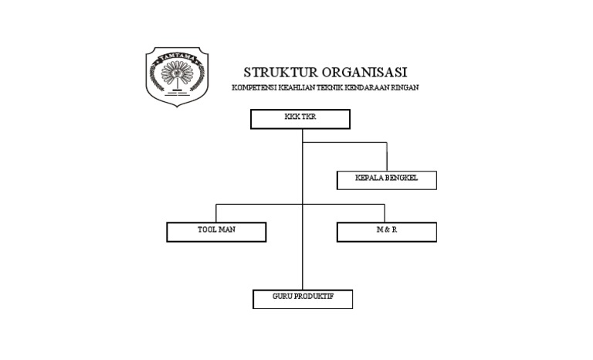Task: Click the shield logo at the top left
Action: pyautogui.click(x=178, y=76)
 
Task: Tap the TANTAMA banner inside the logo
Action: pyautogui.click(x=178, y=59)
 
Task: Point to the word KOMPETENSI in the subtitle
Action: pyautogui.click(x=252, y=88)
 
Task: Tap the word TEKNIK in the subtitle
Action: pyautogui.click(x=330, y=88)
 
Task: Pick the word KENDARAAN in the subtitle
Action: pyautogui.click(x=368, y=88)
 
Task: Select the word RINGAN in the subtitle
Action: pyautogui.click(x=405, y=88)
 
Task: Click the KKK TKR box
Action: pyautogui.click(x=300, y=119)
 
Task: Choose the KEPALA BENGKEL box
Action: pyautogui.click(x=386, y=180)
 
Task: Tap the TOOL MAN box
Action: pyautogui.click(x=216, y=232)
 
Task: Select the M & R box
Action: pyautogui.click(x=386, y=232)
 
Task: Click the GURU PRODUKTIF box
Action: pyautogui.click(x=303, y=299)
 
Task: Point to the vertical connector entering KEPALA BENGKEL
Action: pyautogui.click(x=386, y=157)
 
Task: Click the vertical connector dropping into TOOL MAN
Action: pyautogui.click(x=216, y=213)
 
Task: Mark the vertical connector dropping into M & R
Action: pyautogui.click(x=385, y=213)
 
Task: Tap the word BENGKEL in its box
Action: pyautogui.click(x=401, y=178)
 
